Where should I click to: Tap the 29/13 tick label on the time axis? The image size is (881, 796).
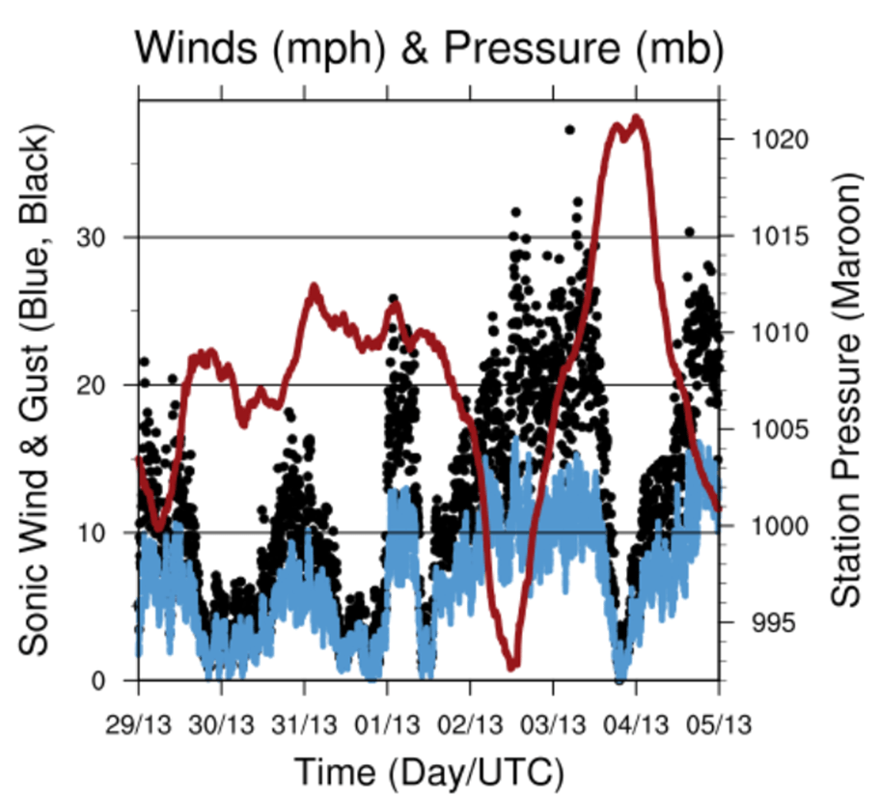[138, 721]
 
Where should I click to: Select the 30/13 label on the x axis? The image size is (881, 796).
[221, 721]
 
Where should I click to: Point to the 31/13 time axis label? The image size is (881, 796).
[304, 721]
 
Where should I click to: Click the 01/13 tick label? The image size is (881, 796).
[387, 721]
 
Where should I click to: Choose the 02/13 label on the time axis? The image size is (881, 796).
[470, 721]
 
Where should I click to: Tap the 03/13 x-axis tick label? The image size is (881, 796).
[553, 721]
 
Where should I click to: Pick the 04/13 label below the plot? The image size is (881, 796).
[636, 721]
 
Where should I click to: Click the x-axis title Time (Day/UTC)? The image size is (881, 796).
[427, 770]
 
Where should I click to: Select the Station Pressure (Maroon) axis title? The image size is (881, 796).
[845, 391]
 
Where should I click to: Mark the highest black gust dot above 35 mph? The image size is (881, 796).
[569, 129]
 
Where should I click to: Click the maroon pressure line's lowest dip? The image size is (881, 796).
[512, 665]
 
